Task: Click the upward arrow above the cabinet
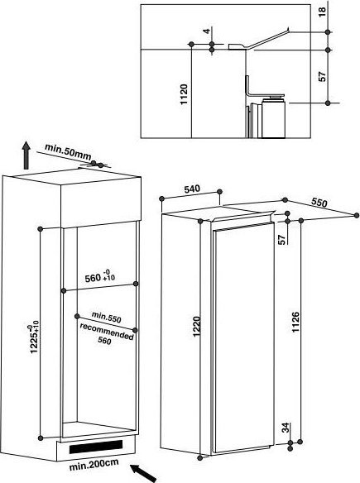click(x=26, y=155)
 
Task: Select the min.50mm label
click(x=68, y=151)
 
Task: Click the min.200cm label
click(x=94, y=465)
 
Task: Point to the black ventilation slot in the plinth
click(x=96, y=447)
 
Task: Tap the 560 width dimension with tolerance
click(x=100, y=276)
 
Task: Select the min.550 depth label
click(x=106, y=318)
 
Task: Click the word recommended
click(x=107, y=331)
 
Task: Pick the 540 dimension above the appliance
click(x=192, y=189)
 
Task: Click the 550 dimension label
click(x=319, y=203)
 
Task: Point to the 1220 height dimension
click(x=197, y=327)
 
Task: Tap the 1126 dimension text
click(x=295, y=322)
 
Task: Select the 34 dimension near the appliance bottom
click(x=286, y=428)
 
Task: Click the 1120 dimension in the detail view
click(x=184, y=94)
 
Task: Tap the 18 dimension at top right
click(x=322, y=12)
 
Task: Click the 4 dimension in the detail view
click(x=207, y=31)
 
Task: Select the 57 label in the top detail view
click(x=322, y=76)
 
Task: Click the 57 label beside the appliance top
click(x=281, y=240)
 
